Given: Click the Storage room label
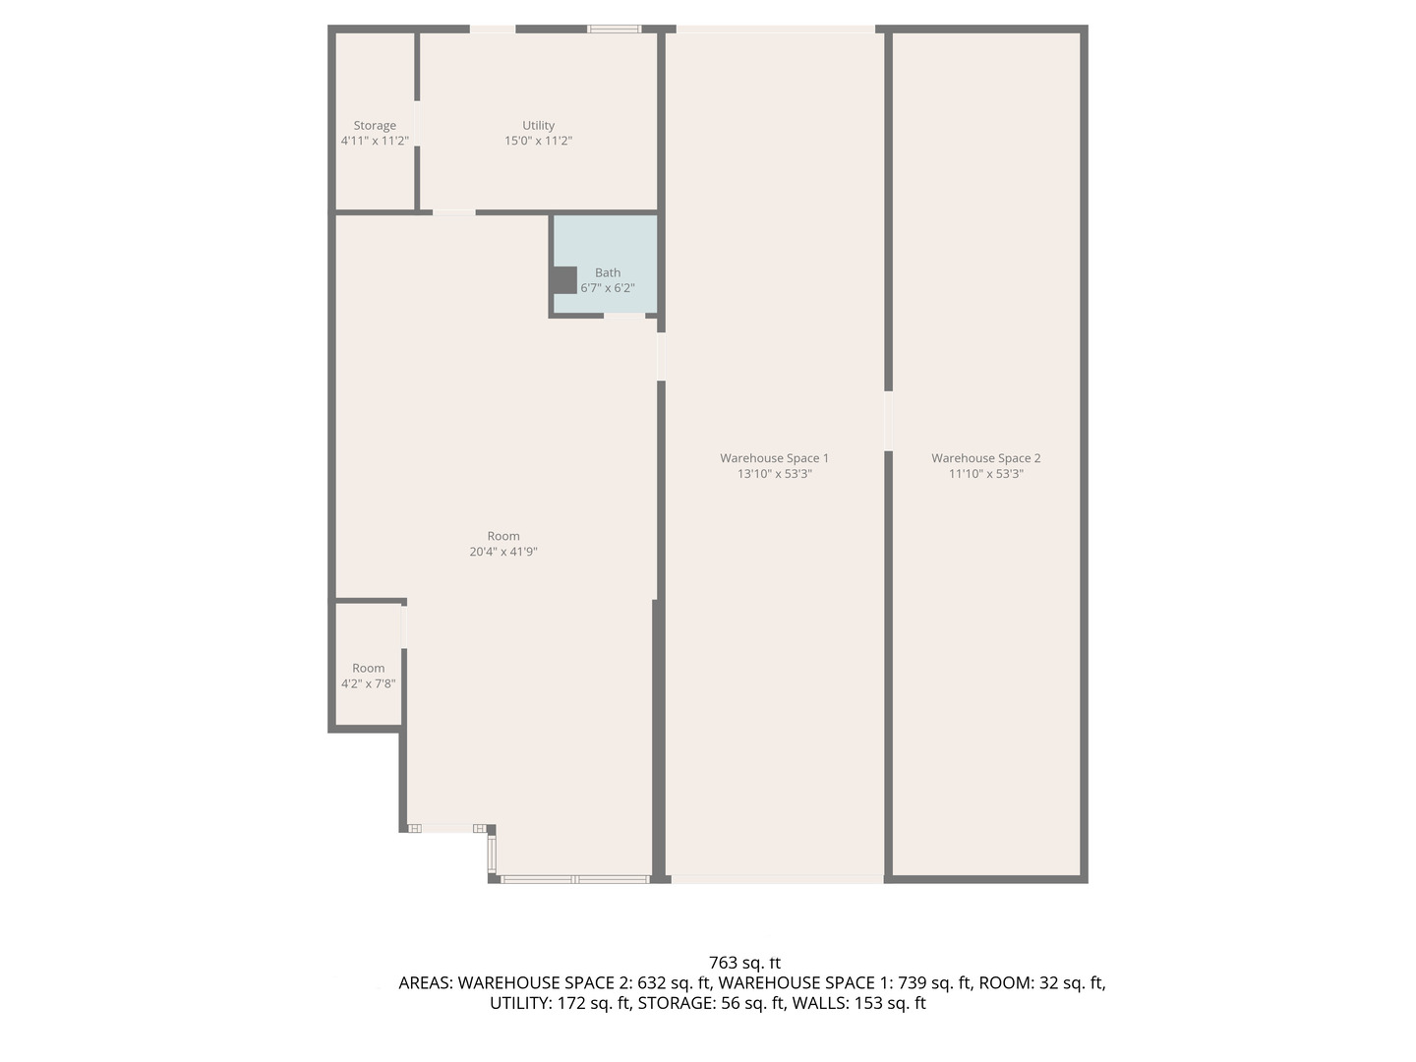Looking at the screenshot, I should pyautogui.click(x=375, y=126).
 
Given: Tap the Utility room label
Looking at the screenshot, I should pyautogui.click(x=538, y=126).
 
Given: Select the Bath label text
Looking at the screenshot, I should pyautogui.click(x=608, y=272).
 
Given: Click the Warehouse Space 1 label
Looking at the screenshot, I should pyautogui.click(x=774, y=458).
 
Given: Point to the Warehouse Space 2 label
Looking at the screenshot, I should pyautogui.click(x=985, y=458).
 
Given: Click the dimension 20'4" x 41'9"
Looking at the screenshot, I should pyautogui.click(x=503, y=552).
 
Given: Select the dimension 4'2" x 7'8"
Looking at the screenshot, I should pyautogui.click(x=369, y=683).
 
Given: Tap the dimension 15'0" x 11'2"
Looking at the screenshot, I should pyautogui.click(x=538, y=141).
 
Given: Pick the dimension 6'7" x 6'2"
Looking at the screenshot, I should pyautogui.click(x=608, y=288).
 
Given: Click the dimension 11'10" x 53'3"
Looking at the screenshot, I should pyautogui.click(x=985, y=473).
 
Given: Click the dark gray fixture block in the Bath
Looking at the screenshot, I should pyautogui.click(x=563, y=280).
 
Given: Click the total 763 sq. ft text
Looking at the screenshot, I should pyautogui.click(x=744, y=963).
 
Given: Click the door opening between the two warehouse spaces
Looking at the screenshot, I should pyautogui.click(x=888, y=421).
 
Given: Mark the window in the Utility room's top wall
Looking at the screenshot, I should pyautogui.click(x=615, y=29).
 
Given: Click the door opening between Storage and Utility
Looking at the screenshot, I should pyautogui.click(x=417, y=123).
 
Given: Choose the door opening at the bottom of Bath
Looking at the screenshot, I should pyautogui.click(x=623, y=316).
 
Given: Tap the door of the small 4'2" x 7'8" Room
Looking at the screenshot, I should pyautogui.click(x=403, y=626).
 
